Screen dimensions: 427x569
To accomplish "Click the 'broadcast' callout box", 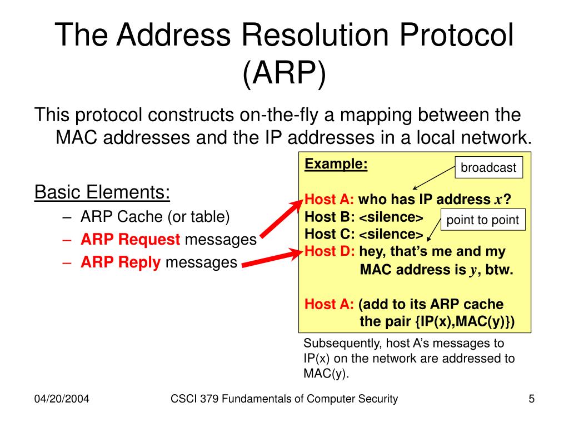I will tap(489, 167).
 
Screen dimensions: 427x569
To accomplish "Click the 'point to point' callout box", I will tap(482, 220).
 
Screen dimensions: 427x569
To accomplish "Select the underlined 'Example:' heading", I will tap(336, 164).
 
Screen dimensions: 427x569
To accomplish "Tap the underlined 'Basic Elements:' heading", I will tap(102, 192).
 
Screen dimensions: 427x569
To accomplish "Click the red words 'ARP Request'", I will tap(131, 240).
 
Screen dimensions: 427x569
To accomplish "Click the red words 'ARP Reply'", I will tap(121, 262).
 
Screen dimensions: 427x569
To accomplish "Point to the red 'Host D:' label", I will tap(330, 251).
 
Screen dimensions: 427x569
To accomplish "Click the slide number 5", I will tap(531, 398).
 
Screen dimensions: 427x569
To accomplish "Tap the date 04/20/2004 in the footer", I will tap(62, 399).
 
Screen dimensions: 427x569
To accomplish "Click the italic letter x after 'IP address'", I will tap(498, 200).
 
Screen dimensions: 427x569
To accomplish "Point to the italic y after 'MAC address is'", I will tap(475, 271).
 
